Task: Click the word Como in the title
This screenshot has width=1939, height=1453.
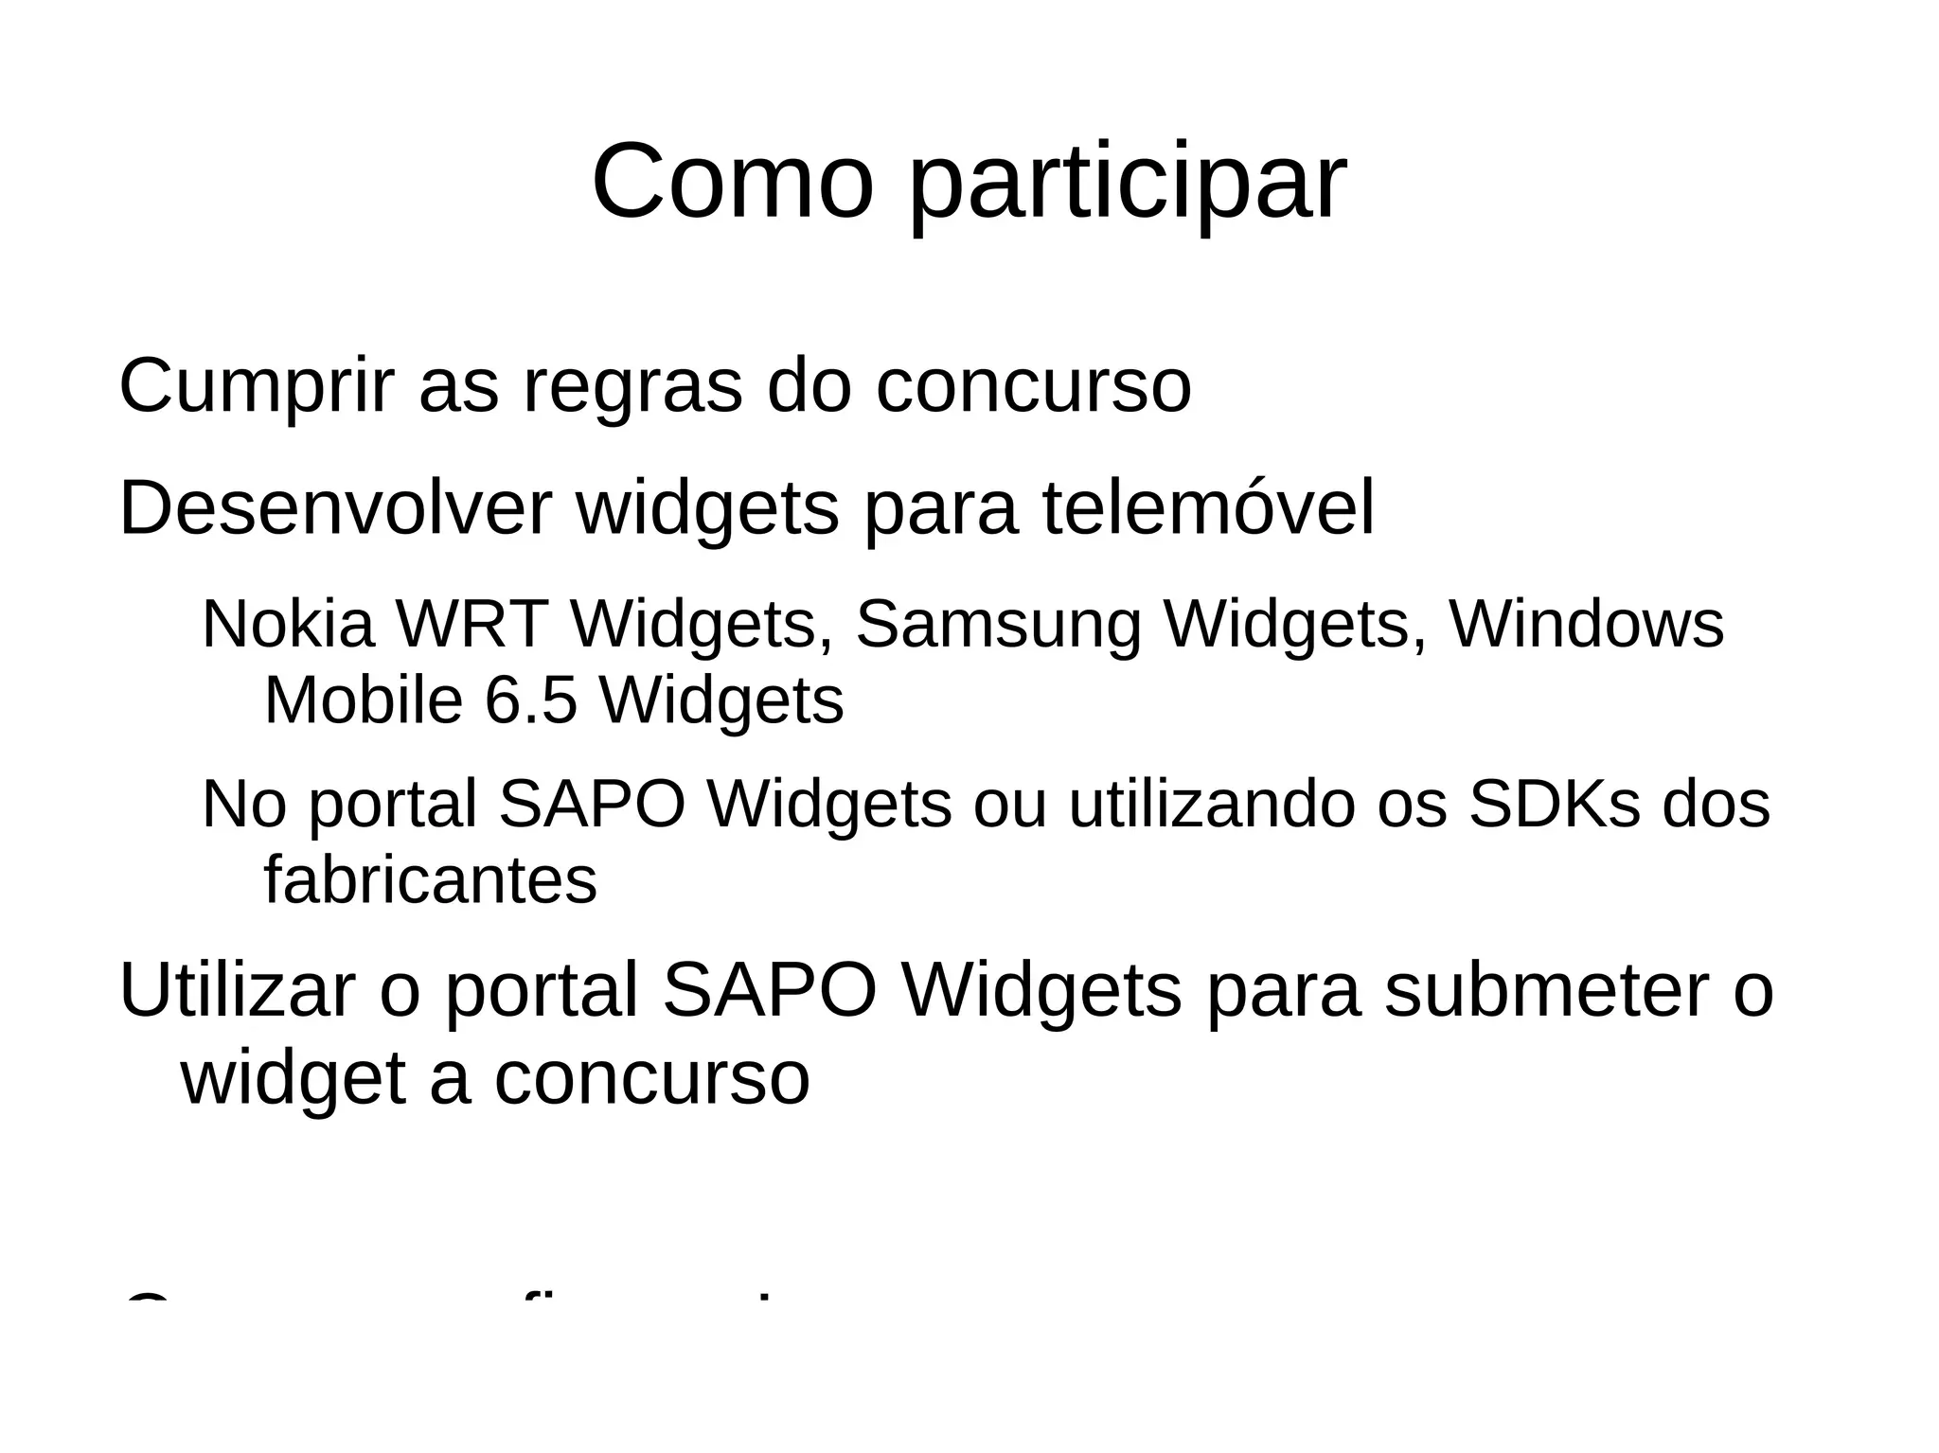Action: pyautogui.click(x=731, y=182)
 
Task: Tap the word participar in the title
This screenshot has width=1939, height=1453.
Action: pyautogui.click(x=1127, y=186)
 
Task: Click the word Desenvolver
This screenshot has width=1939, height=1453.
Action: pyautogui.click(x=334, y=509)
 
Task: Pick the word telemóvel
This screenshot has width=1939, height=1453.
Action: pyautogui.click(x=1208, y=509)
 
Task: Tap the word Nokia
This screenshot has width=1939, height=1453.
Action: pyautogui.click(x=289, y=625)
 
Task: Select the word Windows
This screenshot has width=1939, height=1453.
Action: pyautogui.click(x=1587, y=625)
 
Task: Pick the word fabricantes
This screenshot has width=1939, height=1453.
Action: pyautogui.click(x=431, y=880)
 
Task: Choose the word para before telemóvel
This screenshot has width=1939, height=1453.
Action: pyautogui.click(x=941, y=511)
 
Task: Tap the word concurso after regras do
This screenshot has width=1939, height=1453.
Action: pyautogui.click(x=1033, y=388)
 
